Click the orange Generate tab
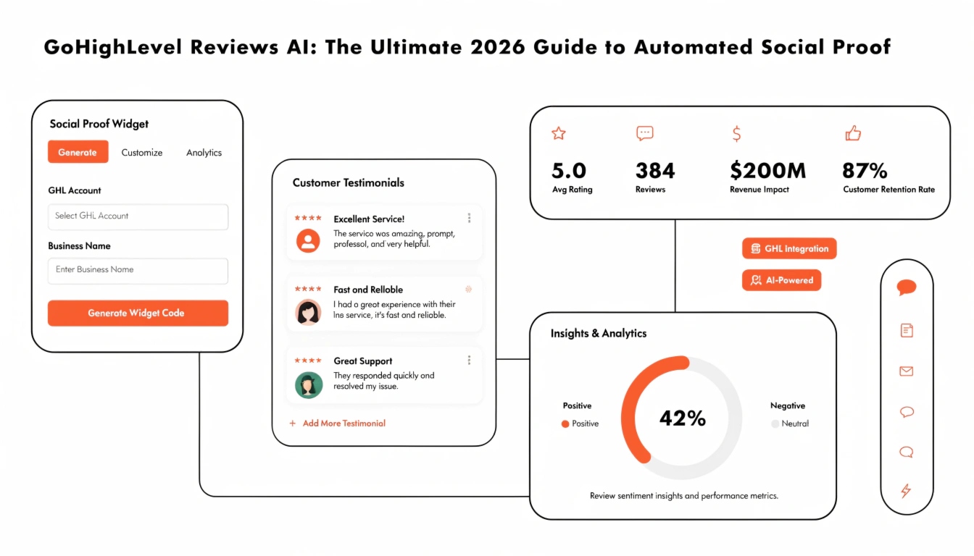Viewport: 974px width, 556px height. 78,152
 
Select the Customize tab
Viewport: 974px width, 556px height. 142,153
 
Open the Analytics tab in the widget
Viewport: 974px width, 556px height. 204,153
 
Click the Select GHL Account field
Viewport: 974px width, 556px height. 138,216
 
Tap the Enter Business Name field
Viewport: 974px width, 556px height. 138,270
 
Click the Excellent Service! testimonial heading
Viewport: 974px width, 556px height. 369,219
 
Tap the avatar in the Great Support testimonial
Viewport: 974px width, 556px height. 308,384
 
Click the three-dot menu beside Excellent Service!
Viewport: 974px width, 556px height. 469,218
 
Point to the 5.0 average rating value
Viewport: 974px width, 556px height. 569,171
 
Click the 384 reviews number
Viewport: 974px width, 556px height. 654,171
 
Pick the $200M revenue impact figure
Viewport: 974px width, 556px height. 767,171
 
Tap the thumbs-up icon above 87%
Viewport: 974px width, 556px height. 853,133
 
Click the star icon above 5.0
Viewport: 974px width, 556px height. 558,133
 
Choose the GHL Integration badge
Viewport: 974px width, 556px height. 789,248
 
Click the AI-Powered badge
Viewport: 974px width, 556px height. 781,280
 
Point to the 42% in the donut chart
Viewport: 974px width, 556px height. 682,418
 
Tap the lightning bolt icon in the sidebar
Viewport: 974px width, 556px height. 906,491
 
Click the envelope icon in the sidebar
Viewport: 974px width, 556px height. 906,371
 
